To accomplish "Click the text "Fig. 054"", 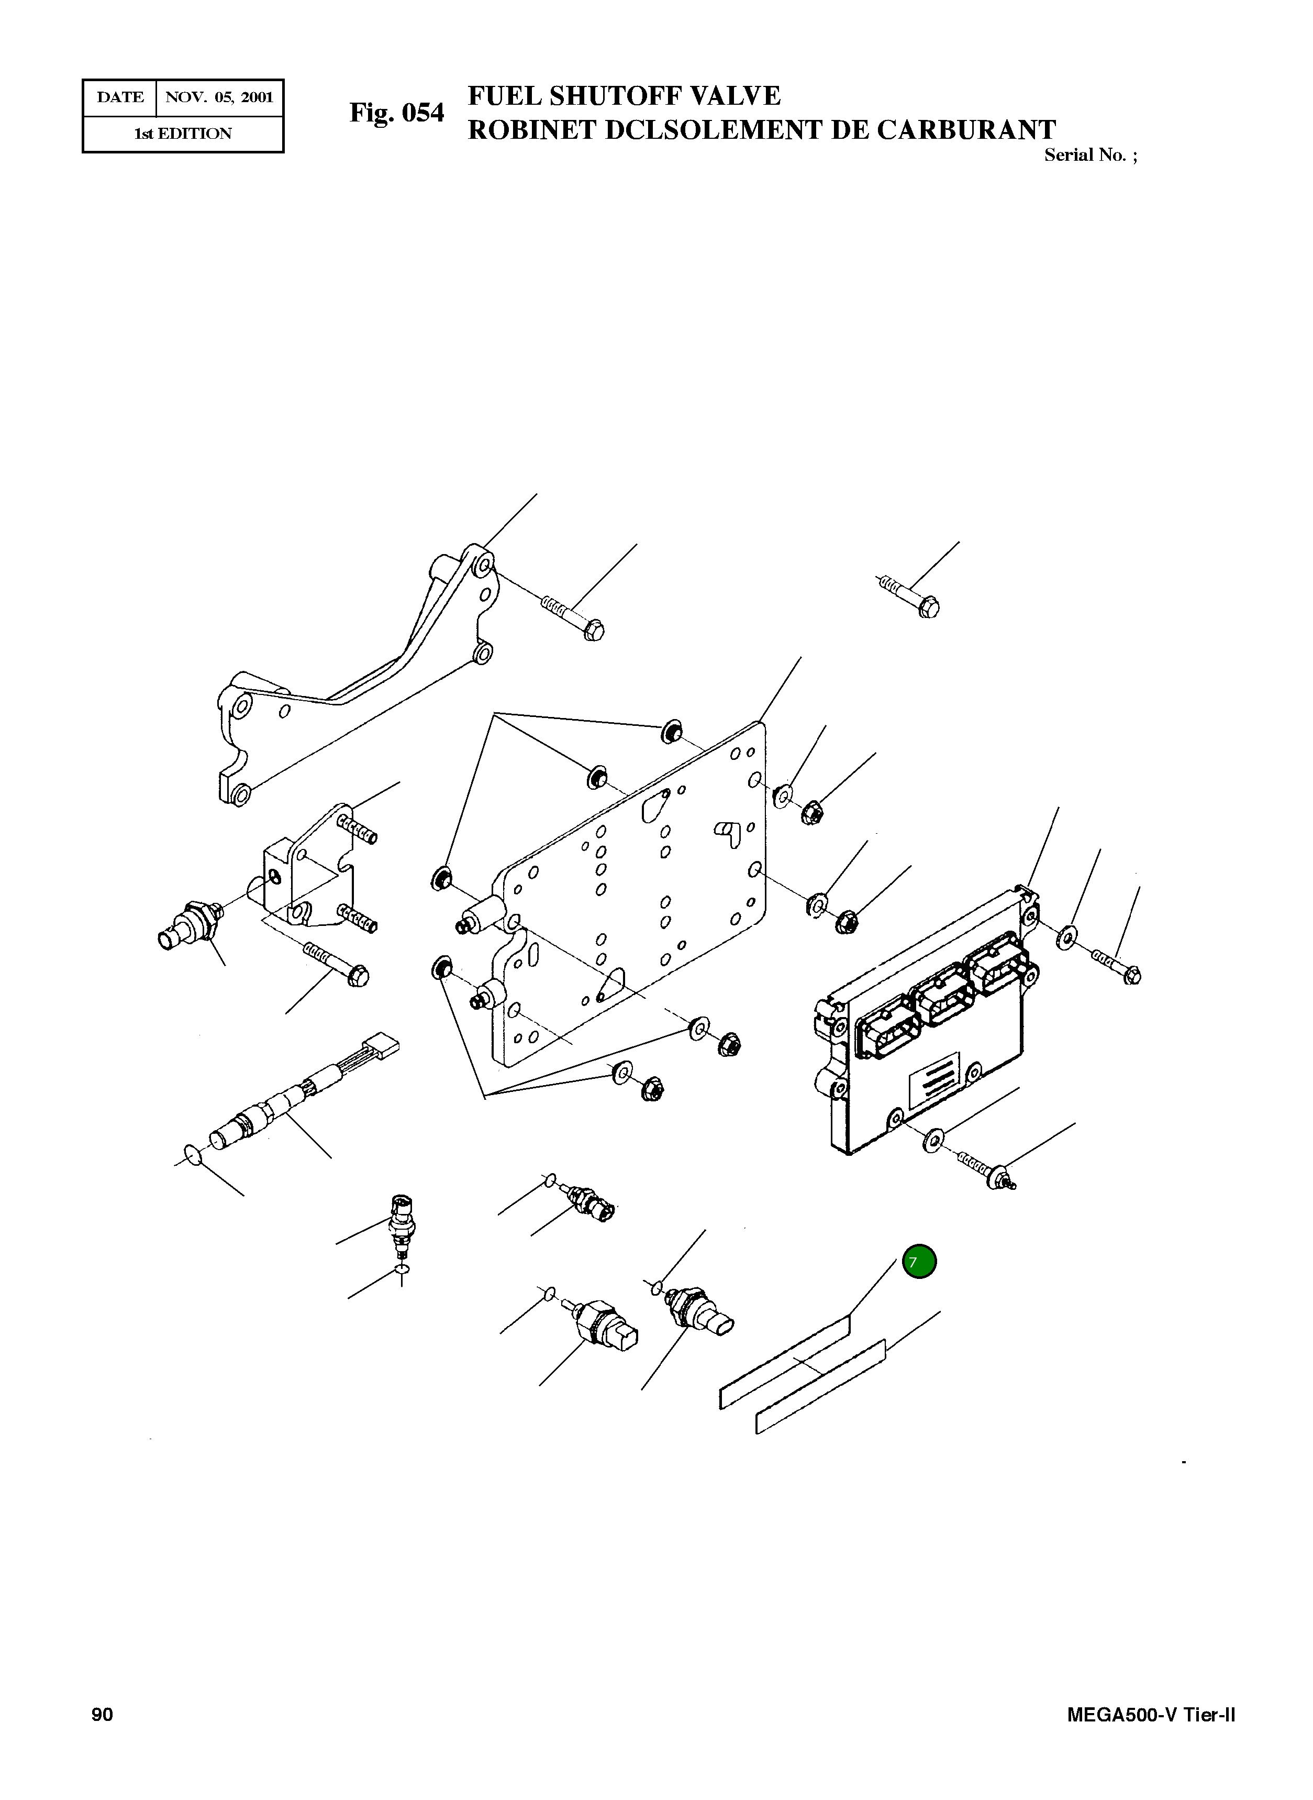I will click(397, 113).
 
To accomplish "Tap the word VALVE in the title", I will click(735, 96).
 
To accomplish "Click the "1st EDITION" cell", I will click(183, 134).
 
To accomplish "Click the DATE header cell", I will click(120, 98).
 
